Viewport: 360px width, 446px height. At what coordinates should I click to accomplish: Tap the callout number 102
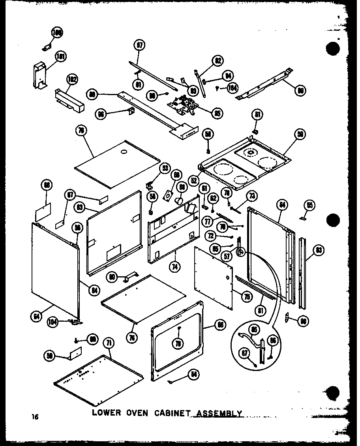point(71,79)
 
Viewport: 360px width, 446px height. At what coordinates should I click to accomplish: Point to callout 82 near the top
point(217,61)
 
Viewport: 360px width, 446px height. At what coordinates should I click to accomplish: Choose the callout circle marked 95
point(217,113)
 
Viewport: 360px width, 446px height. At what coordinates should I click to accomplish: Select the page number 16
point(36,416)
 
